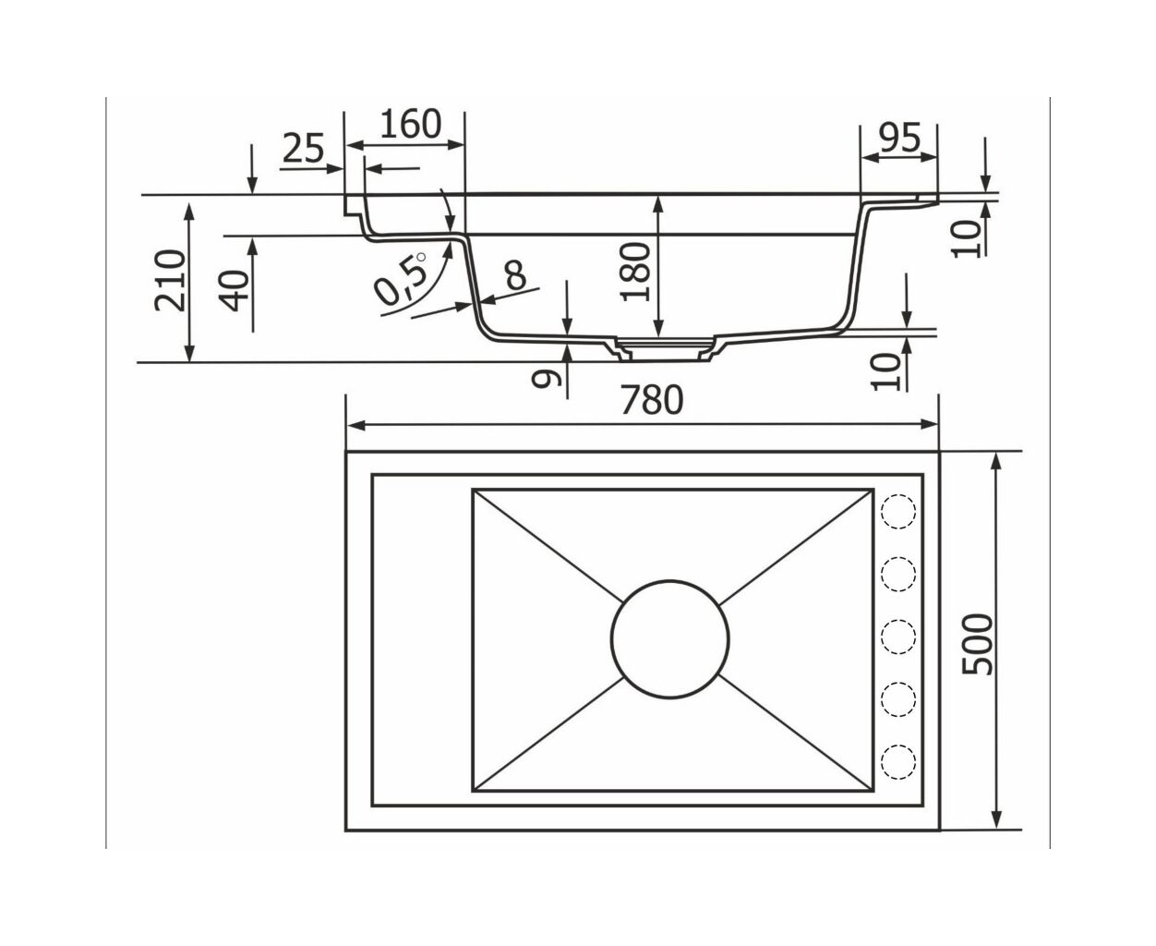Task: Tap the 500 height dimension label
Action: pos(977,644)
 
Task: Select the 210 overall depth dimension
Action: pos(170,280)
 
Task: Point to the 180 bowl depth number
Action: pos(636,272)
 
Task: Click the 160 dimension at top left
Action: pos(411,124)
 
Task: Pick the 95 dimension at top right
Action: pos(899,138)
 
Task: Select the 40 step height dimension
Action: pos(234,291)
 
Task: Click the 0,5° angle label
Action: pos(401,280)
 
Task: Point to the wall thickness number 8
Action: pos(516,275)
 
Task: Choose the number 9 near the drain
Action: pos(547,378)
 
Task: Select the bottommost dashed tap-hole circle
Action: pos(898,760)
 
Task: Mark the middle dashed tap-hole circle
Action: pos(898,637)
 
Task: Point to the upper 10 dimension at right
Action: pos(967,237)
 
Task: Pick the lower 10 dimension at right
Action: pos(886,371)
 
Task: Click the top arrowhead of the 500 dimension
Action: pos(997,465)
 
